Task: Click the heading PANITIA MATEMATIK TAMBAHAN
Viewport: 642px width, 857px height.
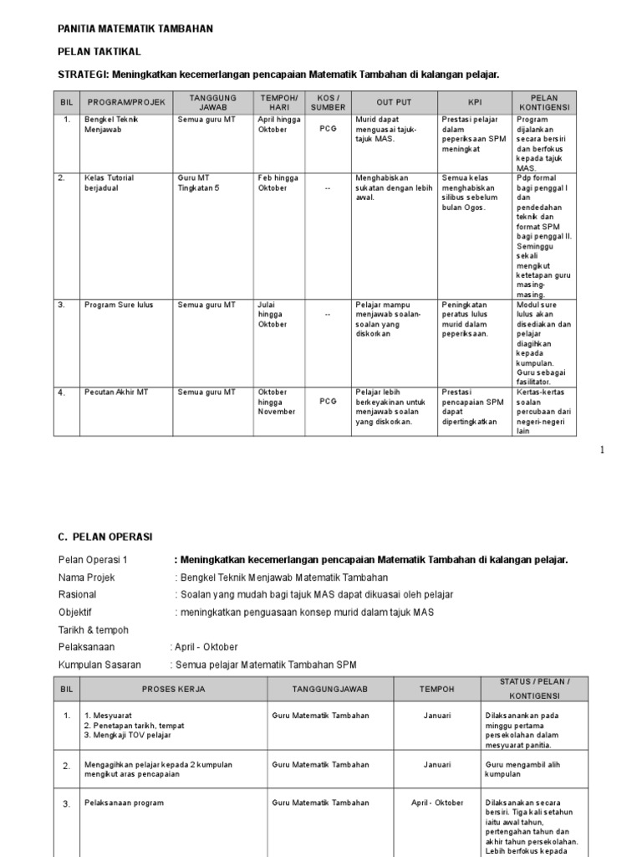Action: point(135,28)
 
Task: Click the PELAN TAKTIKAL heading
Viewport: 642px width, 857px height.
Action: point(99,52)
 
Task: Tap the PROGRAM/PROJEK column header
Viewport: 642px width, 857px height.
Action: point(127,103)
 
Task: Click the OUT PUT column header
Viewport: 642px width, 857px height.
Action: point(394,103)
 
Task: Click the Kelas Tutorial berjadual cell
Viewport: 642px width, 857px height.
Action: point(109,182)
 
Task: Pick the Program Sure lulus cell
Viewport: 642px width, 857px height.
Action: point(119,305)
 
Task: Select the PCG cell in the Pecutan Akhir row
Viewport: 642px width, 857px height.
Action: point(328,402)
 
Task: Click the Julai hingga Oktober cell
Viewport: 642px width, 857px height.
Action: point(273,314)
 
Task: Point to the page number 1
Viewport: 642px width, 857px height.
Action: point(601,450)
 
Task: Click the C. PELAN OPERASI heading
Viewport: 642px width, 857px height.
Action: point(105,536)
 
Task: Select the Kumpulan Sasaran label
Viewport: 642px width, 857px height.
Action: point(99,665)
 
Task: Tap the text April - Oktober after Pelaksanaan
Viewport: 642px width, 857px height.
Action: point(206,647)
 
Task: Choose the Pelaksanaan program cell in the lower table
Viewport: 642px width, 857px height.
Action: point(124,803)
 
